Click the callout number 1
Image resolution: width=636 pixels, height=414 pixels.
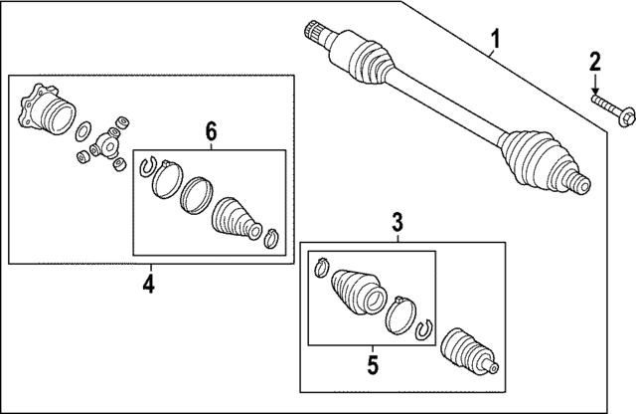click(495, 41)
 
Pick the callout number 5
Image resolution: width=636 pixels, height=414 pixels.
click(373, 364)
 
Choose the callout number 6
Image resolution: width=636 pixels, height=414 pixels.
click(210, 130)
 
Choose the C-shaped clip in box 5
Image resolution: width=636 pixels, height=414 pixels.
click(424, 329)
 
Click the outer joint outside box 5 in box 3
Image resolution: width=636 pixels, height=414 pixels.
click(470, 349)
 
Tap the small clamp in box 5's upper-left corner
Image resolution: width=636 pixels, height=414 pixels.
click(322, 267)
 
